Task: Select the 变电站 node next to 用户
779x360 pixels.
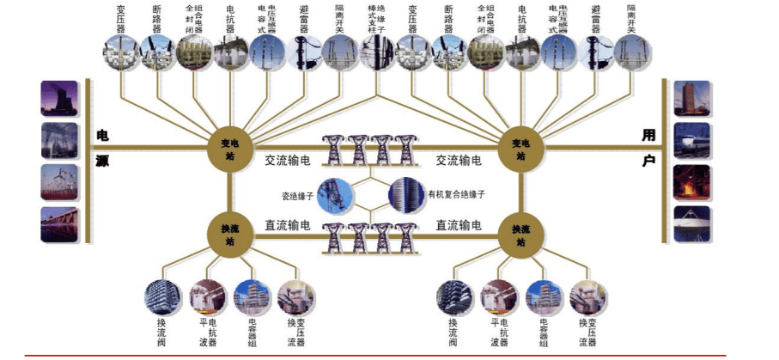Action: tap(520, 148)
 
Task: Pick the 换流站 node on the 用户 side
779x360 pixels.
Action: tap(520, 233)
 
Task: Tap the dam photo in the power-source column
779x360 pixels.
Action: tap(59, 223)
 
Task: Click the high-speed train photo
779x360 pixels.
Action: tap(691, 141)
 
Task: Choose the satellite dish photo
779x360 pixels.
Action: tap(691, 223)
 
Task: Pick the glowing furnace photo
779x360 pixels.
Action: tap(691, 182)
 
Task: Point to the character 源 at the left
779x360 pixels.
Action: tap(102, 161)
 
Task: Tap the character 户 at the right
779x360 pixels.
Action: tap(648, 161)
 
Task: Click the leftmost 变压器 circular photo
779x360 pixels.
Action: tap(120, 52)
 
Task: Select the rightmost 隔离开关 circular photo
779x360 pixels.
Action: tap(631, 52)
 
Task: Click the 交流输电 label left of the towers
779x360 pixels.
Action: tap(288, 161)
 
